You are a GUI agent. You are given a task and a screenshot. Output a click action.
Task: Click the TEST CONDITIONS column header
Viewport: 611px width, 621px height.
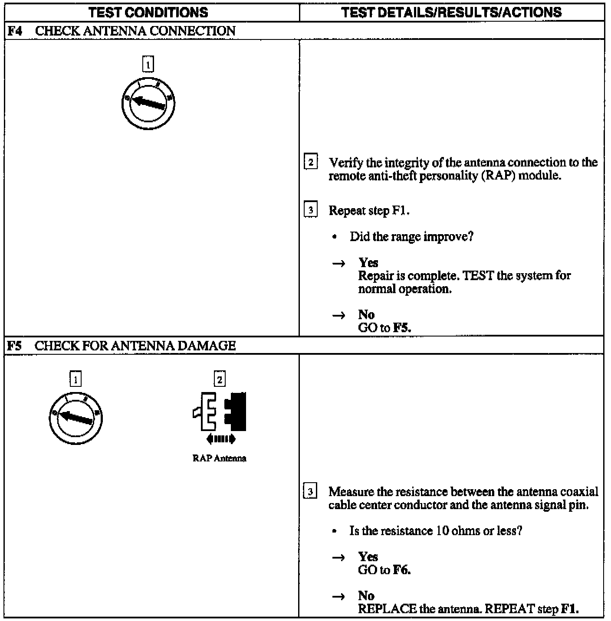coord(148,12)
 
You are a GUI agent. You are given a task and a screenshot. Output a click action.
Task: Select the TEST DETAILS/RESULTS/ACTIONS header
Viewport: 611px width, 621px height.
coord(451,12)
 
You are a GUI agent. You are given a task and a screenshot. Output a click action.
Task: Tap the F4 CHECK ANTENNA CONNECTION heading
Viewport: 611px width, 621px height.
coord(122,31)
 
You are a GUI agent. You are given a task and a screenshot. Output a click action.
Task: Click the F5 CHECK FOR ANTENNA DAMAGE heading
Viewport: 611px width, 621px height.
coord(122,346)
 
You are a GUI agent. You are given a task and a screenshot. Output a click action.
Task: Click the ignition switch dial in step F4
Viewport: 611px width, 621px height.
coord(148,103)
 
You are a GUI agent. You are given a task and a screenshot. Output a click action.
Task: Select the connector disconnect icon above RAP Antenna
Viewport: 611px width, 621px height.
coord(220,412)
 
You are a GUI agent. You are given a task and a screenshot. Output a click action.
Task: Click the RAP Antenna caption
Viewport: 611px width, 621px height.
coord(219,458)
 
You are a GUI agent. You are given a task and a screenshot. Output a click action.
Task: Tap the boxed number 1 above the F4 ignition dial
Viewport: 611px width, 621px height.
coord(148,65)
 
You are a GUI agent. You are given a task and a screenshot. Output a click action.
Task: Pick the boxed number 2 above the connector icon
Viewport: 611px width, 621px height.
coord(220,379)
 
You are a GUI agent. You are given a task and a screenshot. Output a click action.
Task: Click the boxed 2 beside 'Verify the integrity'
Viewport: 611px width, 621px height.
coord(310,163)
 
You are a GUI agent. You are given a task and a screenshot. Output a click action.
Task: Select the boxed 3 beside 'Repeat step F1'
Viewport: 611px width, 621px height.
coord(310,210)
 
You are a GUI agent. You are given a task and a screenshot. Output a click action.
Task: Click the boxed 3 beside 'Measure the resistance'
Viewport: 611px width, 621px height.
coord(310,492)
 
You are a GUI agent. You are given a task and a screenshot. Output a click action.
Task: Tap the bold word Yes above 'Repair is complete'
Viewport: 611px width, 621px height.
coord(368,262)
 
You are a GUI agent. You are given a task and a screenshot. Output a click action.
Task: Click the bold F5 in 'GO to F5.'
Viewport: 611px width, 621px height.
coord(402,328)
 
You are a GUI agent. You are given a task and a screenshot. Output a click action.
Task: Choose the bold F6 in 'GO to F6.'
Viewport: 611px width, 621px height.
coord(402,570)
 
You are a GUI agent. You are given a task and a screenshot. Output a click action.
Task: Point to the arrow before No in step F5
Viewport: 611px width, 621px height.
coord(338,596)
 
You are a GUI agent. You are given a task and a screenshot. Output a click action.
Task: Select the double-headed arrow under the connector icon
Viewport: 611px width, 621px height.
coord(221,439)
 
